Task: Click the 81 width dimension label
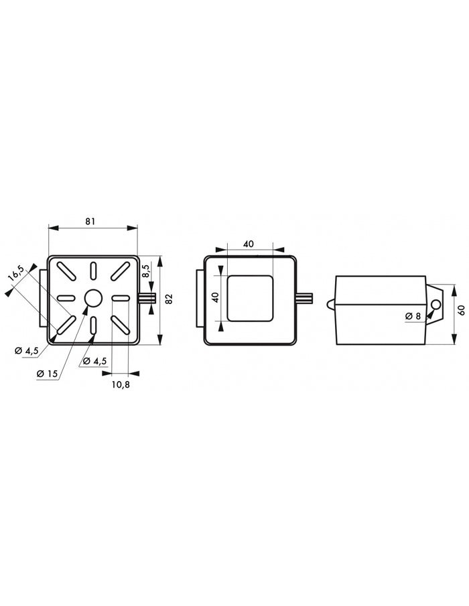(92, 220)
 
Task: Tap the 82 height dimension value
(169, 299)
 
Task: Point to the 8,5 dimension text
(146, 271)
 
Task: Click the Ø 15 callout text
(47, 373)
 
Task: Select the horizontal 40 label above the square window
(249, 244)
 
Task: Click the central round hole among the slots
(92, 298)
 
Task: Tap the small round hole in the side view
(436, 306)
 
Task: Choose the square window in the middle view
(250, 297)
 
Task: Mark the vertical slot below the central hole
(92, 325)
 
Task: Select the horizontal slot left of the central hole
(66, 298)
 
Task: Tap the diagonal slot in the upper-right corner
(119, 271)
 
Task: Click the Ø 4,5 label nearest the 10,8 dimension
(95, 361)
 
